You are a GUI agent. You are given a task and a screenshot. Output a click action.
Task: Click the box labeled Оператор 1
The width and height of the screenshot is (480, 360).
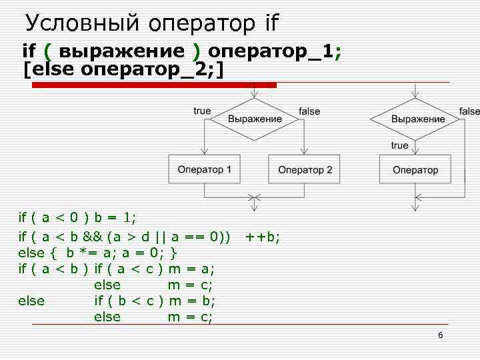[x=205, y=170]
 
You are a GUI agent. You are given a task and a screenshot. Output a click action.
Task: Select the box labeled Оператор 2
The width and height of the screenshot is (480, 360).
[x=305, y=170]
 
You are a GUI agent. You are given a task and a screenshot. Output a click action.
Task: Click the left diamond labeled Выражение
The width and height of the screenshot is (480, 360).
[x=255, y=119]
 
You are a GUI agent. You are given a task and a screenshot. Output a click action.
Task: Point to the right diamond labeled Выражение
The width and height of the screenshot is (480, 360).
[x=417, y=119]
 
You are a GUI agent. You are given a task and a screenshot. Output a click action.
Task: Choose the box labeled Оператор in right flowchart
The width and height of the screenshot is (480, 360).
[x=415, y=170]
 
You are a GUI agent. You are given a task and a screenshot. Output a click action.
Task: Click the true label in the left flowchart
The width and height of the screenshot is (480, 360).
[x=202, y=111]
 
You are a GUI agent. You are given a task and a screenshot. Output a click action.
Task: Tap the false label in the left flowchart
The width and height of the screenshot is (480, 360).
[x=309, y=111]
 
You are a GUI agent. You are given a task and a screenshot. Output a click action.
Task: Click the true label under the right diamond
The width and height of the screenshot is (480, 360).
[x=400, y=145]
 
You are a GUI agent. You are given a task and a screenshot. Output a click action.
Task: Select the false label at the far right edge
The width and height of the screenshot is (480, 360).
[x=469, y=111]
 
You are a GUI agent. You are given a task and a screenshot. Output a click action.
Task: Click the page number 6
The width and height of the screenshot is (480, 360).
[x=440, y=335]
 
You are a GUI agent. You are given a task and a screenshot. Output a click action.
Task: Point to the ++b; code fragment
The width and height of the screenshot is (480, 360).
[x=263, y=236]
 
